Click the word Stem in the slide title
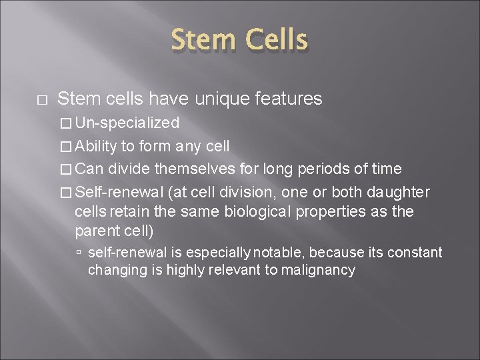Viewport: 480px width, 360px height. [203, 41]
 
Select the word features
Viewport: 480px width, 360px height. [291, 99]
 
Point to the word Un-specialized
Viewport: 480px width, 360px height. [127, 123]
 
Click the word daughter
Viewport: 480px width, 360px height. [398, 193]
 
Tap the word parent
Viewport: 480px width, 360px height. [96, 231]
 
